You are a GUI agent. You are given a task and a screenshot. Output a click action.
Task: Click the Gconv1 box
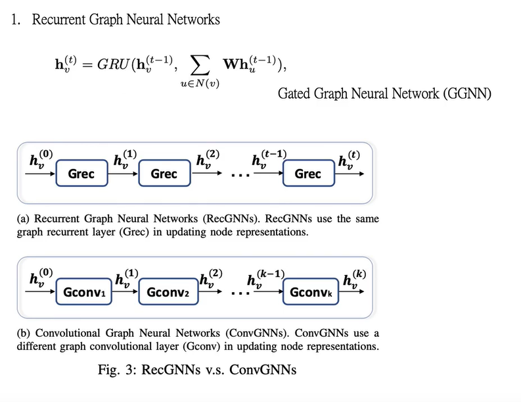pos(86,291)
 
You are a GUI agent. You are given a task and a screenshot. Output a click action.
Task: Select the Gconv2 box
pos(168,291)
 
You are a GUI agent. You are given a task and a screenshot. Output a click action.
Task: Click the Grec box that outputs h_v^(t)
pos(307,174)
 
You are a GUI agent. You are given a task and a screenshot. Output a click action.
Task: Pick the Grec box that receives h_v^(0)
pos(81,174)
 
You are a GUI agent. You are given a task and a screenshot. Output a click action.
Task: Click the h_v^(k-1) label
pos(265,278)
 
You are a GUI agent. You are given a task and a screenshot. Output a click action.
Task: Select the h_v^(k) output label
pos(353,278)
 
